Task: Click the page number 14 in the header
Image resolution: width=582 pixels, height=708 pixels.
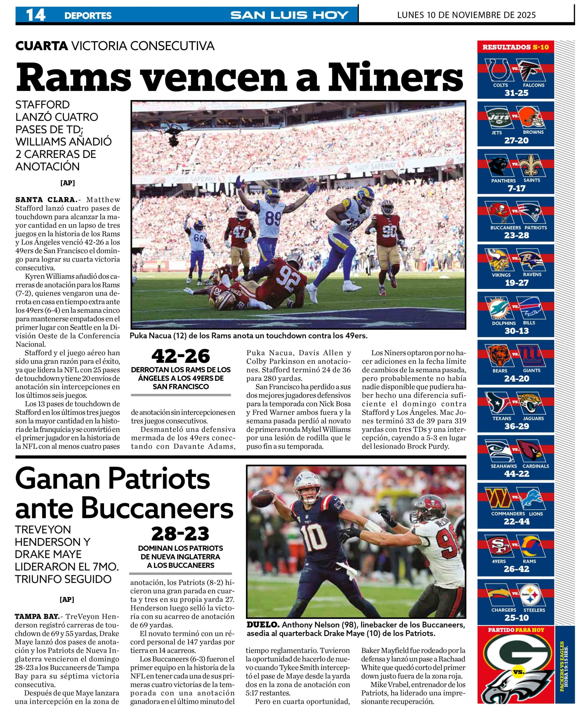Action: point(35,15)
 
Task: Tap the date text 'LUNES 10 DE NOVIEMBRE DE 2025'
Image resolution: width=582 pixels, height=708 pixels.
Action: point(466,15)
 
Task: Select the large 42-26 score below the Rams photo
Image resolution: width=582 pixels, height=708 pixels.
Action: point(181,356)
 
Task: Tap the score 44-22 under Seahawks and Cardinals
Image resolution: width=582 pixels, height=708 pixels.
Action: point(516,473)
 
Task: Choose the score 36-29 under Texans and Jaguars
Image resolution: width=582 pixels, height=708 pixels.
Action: point(516,426)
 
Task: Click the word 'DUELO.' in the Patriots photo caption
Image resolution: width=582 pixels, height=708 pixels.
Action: point(263,624)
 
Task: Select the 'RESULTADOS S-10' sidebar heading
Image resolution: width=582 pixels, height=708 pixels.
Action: point(516,47)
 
